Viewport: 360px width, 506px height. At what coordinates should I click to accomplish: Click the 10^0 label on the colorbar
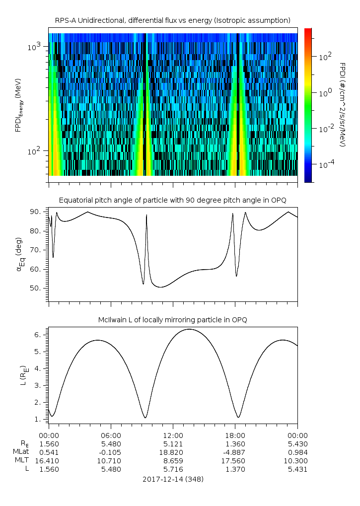pos(324,92)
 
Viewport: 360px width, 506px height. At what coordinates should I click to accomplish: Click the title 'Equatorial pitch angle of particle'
pos(172,200)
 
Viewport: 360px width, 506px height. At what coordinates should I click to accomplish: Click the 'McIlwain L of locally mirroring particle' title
pos(172,320)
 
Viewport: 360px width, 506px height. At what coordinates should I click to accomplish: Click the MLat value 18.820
pos(173,452)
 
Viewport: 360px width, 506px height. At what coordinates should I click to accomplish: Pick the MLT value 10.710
pos(111,461)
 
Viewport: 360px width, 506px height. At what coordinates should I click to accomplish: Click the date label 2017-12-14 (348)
pos(173,479)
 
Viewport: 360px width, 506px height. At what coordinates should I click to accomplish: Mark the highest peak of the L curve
pos(189,329)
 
